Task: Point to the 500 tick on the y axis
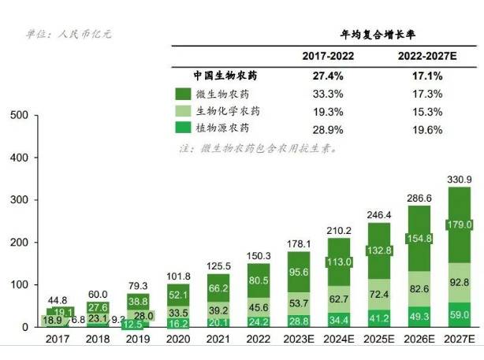click(20, 116)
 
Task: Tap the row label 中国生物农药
click(225, 76)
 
